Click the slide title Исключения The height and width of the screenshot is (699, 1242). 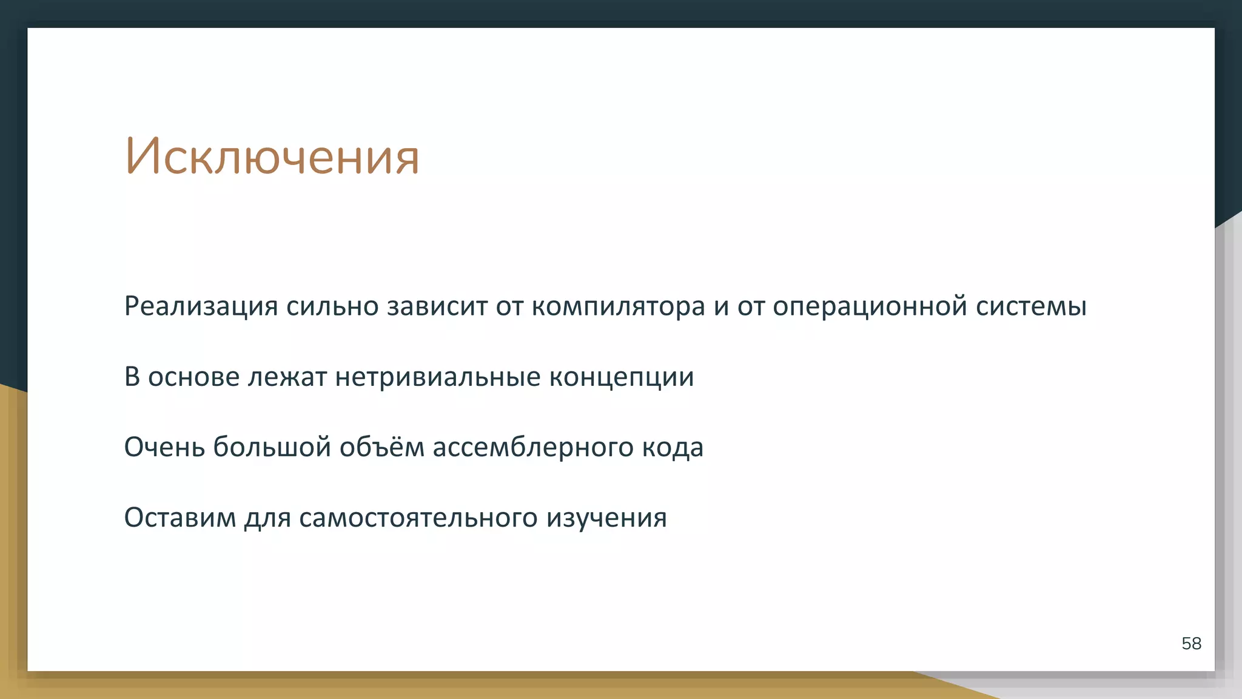click(272, 157)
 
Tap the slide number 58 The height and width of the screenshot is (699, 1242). click(1191, 643)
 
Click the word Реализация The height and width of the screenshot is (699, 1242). click(201, 306)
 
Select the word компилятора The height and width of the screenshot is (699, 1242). click(619, 306)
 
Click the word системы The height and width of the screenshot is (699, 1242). click(1031, 306)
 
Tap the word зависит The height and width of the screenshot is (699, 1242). click(437, 306)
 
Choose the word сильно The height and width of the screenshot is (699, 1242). click(332, 306)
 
